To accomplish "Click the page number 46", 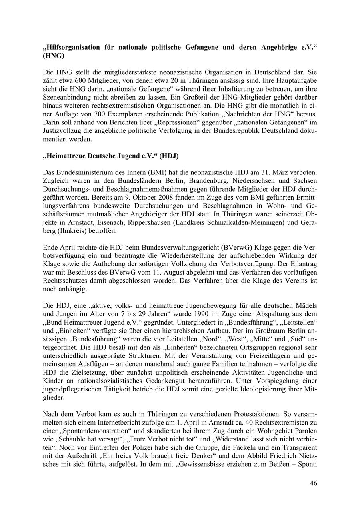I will (x=313, y=483).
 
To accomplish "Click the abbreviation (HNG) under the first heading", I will (x=53, y=56).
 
